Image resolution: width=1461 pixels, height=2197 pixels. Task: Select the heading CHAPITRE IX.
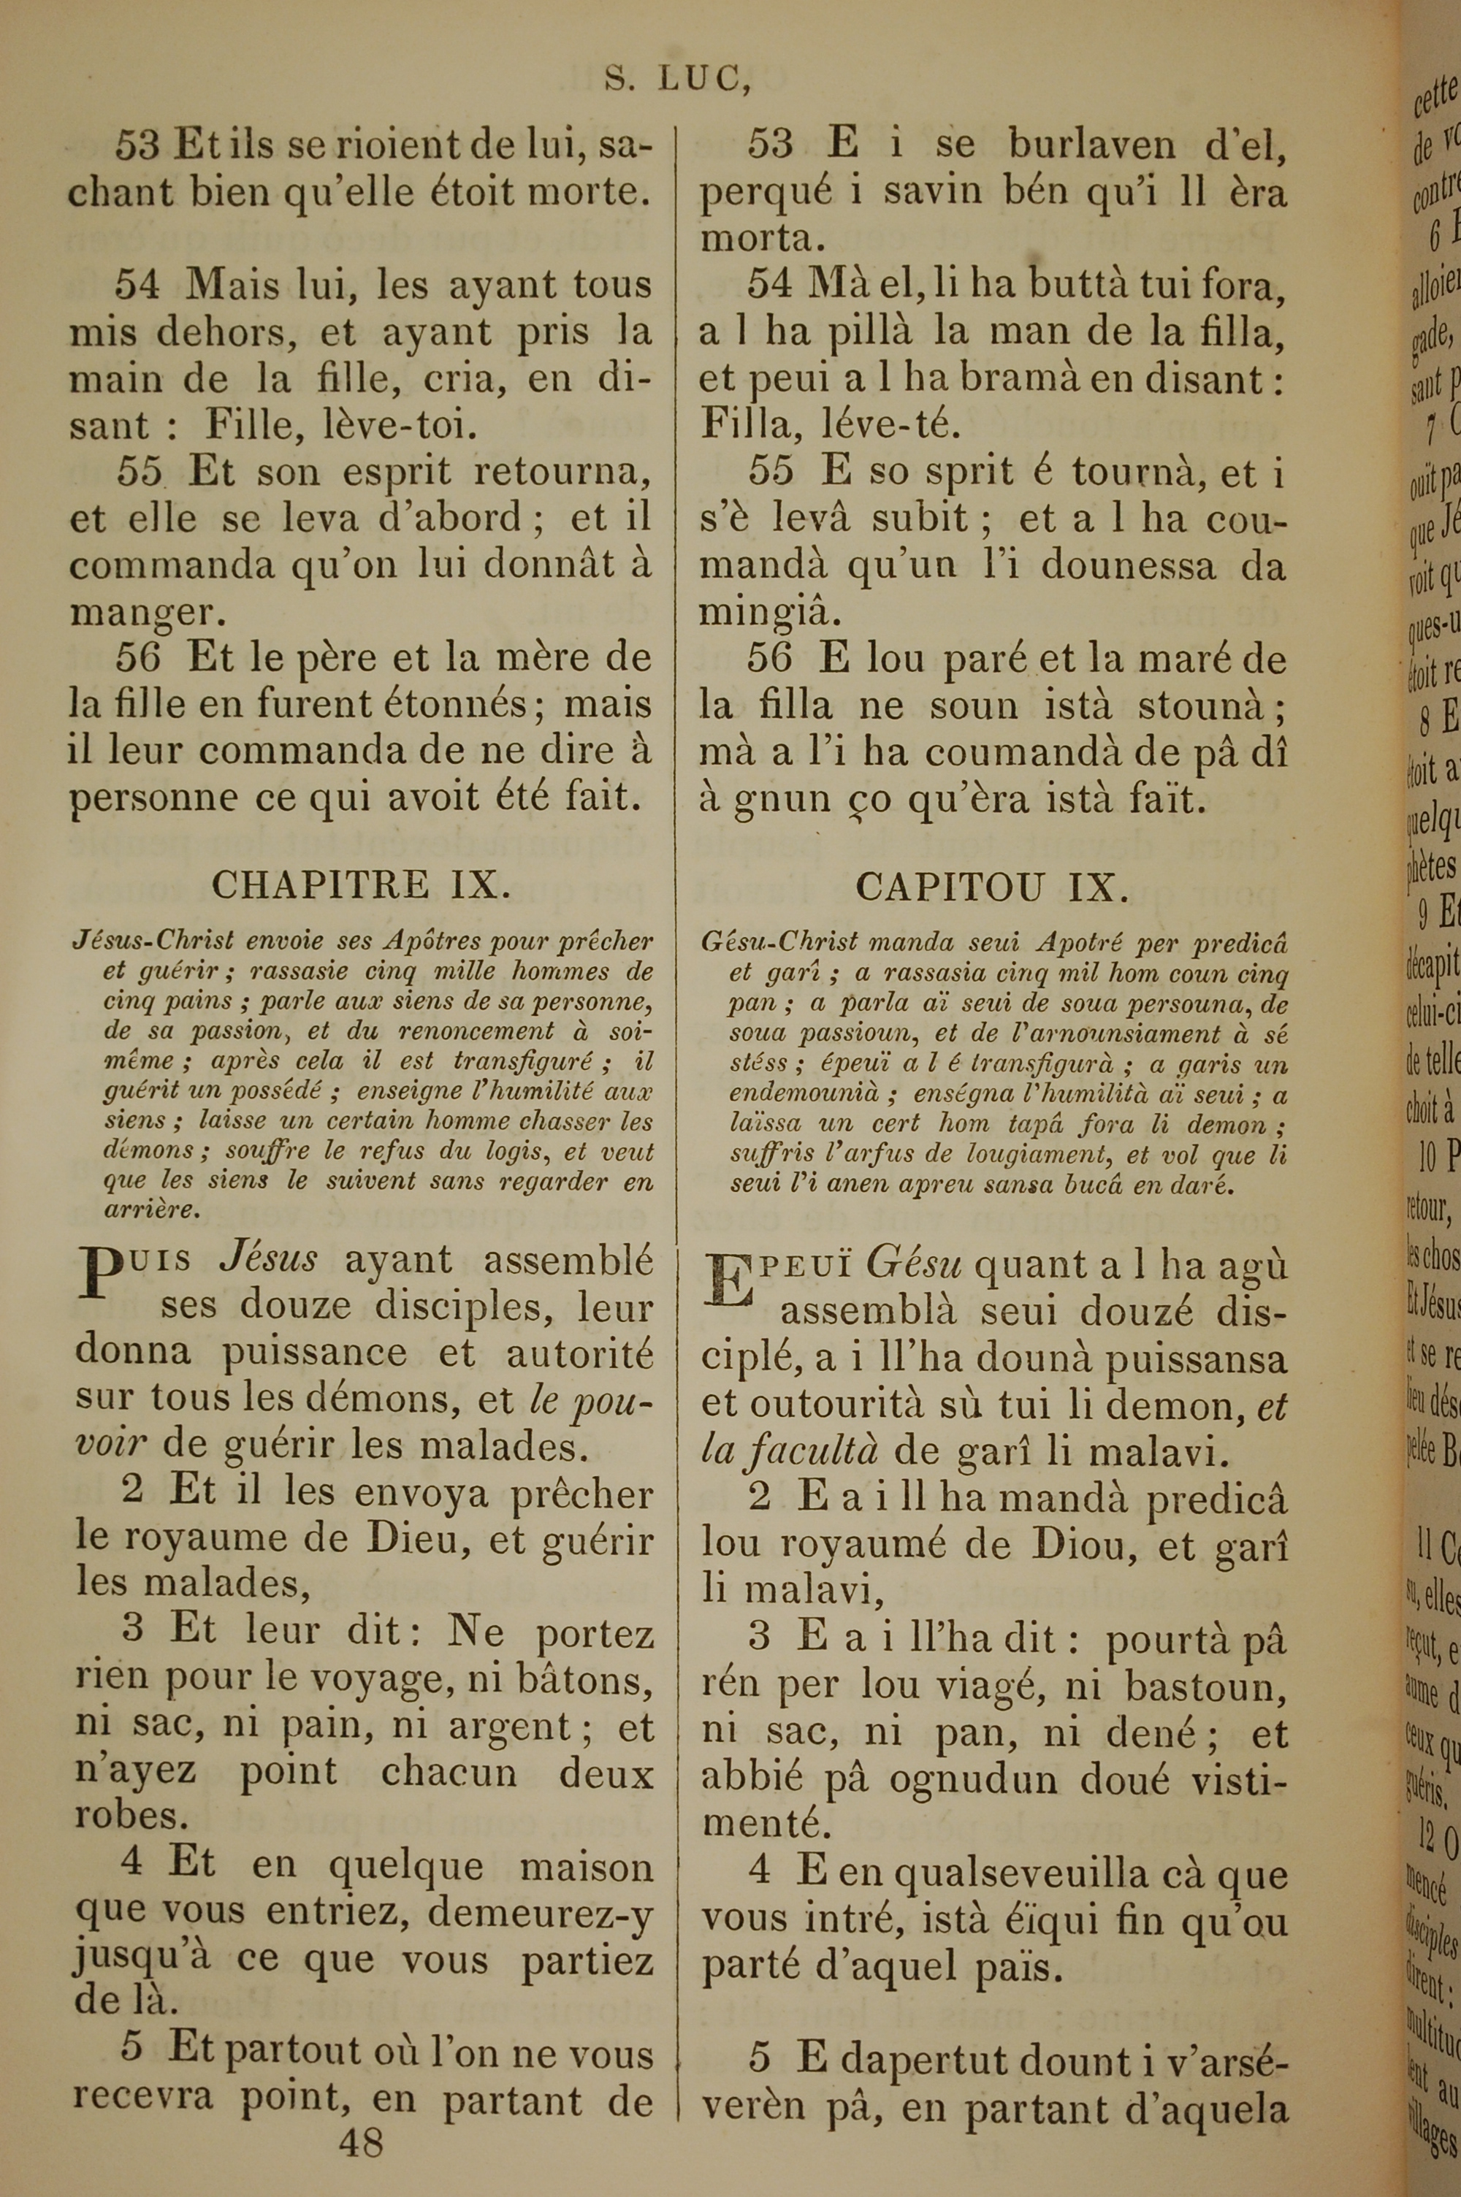coord(361,884)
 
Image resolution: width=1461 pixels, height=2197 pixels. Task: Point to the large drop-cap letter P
coord(105,1273)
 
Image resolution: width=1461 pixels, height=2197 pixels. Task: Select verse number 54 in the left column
coord(137,285)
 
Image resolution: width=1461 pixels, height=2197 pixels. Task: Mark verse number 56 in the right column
coord(770,660)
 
